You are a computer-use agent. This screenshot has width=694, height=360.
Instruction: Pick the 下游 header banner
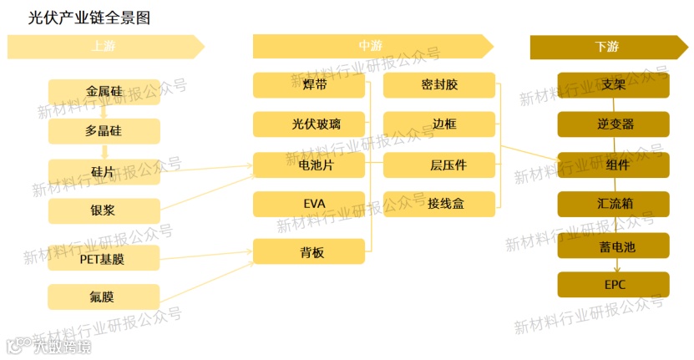(x=608, y=47)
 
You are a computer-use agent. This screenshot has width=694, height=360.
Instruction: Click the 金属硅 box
(x=104, y=91)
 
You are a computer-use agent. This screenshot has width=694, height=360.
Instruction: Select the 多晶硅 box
(x=104, y=131)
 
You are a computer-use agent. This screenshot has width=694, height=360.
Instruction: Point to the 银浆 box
(x=104, y=210)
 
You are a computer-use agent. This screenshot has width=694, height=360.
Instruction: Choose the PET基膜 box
(x=104, y=258)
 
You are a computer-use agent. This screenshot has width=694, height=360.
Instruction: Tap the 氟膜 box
(x=104, y=297)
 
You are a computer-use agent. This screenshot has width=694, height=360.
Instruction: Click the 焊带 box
(x=309, y=85)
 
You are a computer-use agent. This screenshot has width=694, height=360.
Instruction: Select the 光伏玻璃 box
(x=309, y=124)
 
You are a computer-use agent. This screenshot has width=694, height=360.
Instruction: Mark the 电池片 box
(x=309, y=165)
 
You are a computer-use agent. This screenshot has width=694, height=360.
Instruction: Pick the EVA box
(x=309, y=204)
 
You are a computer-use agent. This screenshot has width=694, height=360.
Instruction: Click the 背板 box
(x=309, y=251)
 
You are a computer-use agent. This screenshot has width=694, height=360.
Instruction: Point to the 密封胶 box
(x=439, y=85)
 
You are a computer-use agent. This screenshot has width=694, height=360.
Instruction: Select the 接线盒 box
(x=439, y=204)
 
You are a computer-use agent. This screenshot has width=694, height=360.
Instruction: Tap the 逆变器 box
(x=614, y=124)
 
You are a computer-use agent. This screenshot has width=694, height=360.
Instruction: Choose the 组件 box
(x=614, y=165)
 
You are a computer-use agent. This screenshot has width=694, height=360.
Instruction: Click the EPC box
(x=614, y=284)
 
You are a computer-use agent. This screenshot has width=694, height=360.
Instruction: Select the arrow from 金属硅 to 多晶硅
(x=104, y=112)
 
